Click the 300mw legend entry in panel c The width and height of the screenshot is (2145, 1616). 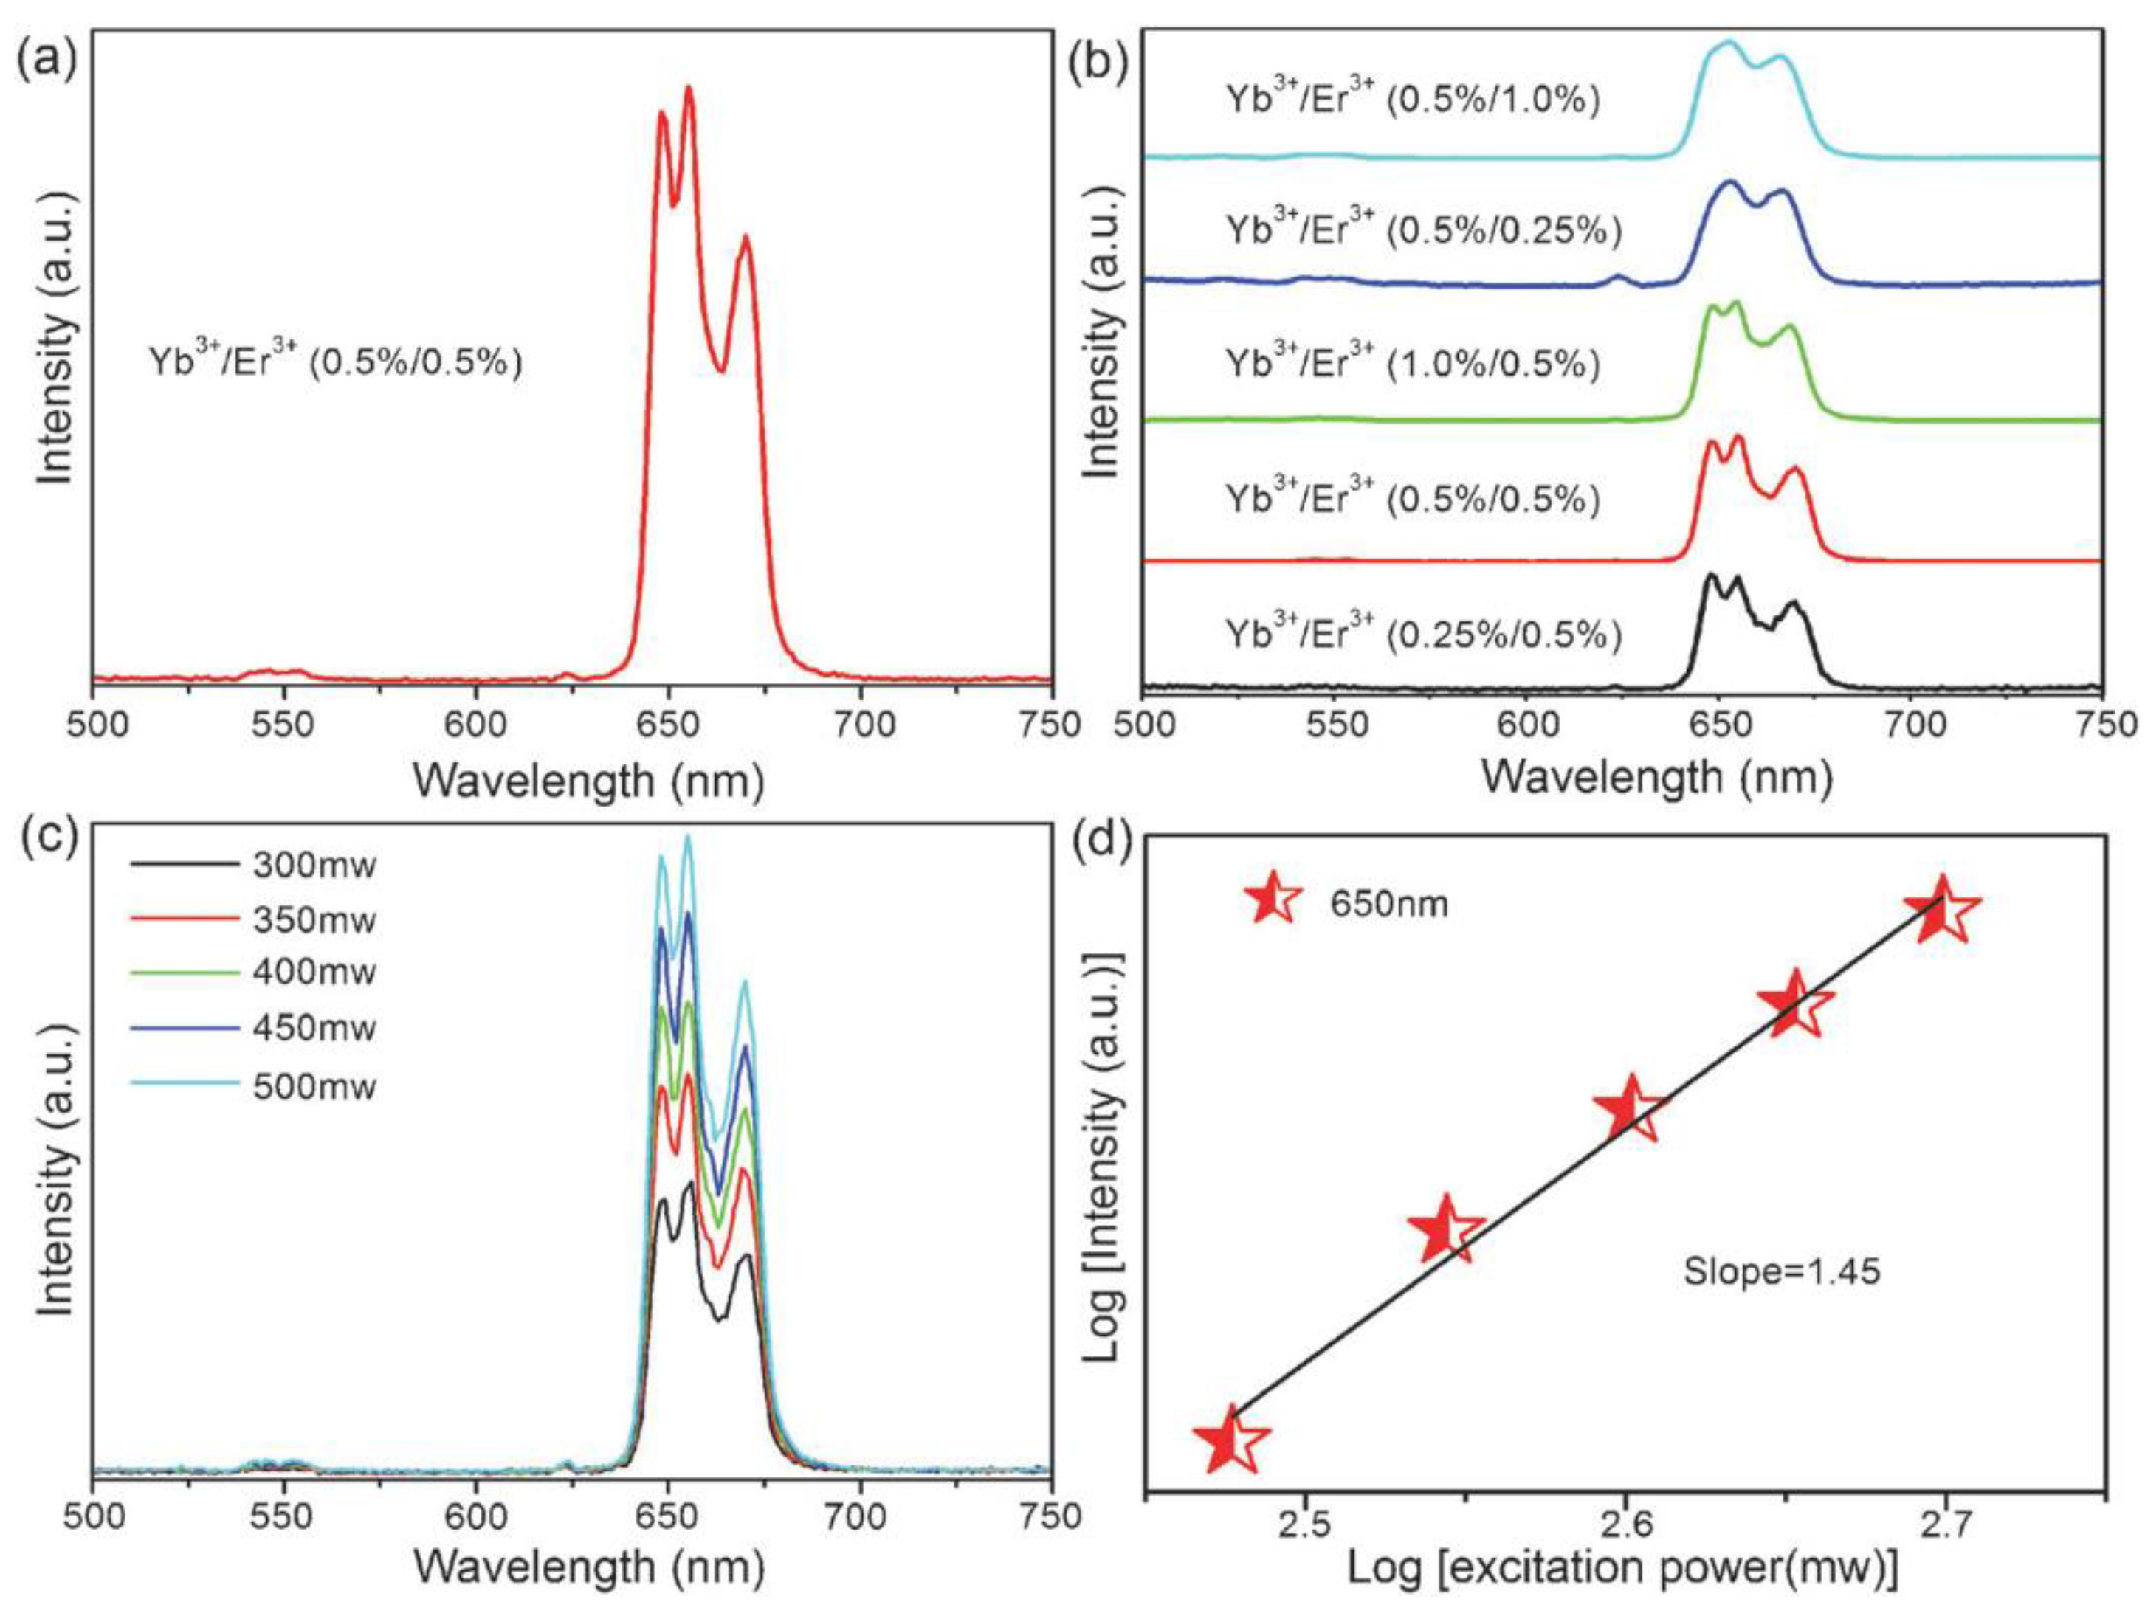click(x=313, y=864)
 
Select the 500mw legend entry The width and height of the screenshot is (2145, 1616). click(x=313, y=1085)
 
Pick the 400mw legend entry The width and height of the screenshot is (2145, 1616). click(x=313, y=973)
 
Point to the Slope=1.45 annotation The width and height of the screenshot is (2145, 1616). click(x=1781, y=1271)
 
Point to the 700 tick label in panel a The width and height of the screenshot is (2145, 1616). click(x=860, y=726)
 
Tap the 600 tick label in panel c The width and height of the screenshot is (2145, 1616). click(x=476, y=1515)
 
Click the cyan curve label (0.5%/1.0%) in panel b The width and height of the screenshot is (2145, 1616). click(x=1412, y=102)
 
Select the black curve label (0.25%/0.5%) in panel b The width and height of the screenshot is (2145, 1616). click(x=1422, y=635)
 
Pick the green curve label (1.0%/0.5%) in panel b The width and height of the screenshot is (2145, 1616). click(x=1412, y=365)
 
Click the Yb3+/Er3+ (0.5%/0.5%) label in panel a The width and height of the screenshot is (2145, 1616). click(x=336, y=362)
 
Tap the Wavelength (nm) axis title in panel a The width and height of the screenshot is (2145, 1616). click(x=588, y=781)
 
